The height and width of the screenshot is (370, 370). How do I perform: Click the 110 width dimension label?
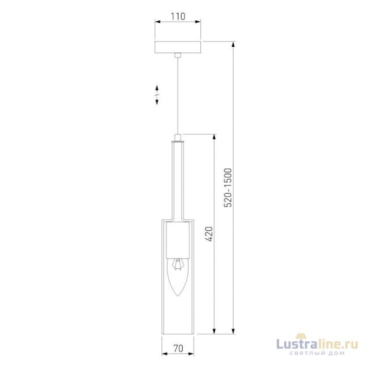178,17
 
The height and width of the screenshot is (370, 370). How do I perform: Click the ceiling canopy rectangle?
178,47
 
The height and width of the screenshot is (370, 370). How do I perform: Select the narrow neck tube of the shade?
178,179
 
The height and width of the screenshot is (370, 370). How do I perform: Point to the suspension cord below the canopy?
178,92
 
